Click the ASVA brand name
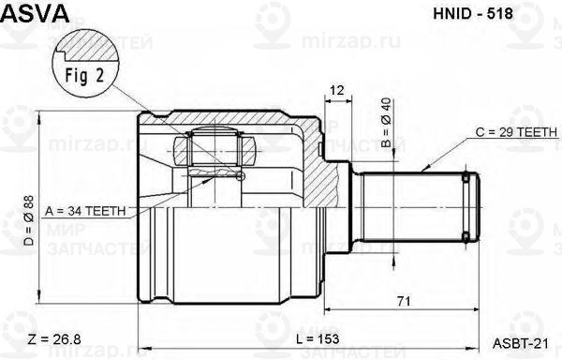37,12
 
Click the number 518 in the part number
490,14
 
